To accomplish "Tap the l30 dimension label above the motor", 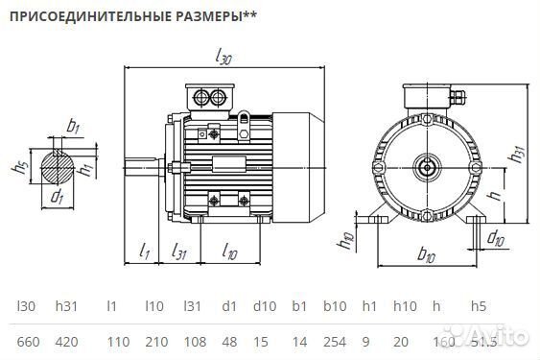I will pos(224,58).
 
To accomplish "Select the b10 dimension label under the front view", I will pos(426,256).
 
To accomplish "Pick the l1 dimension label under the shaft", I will pos(144,252).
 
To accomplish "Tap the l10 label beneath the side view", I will pos(230,252).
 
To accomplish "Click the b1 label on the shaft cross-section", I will pos(73,125).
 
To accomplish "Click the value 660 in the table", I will pos(29,342).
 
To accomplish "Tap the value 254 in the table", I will pos(335,342).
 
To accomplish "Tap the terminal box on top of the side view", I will pos(211,96).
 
